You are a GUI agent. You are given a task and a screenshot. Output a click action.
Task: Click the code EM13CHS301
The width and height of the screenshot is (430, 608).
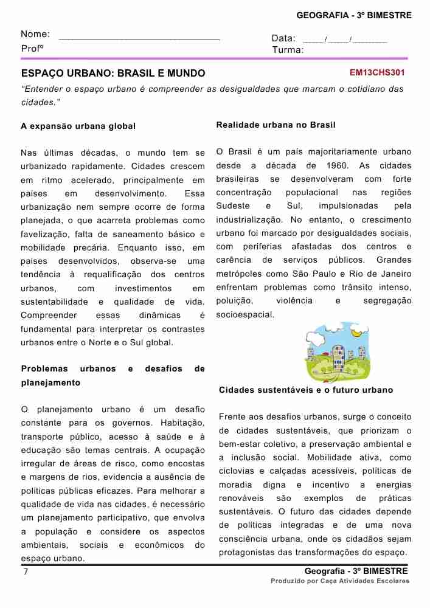[x=377, y=72]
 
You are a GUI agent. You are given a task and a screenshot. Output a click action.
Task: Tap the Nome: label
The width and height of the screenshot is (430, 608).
[x=35, y=35]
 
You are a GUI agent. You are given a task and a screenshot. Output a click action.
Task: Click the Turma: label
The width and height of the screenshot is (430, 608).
[x=288, y=50]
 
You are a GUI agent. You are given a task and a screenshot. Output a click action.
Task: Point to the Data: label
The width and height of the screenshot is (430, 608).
[x=283, y=38]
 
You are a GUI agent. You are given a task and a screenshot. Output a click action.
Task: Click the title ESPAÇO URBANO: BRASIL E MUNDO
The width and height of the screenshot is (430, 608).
[x=113, y=74]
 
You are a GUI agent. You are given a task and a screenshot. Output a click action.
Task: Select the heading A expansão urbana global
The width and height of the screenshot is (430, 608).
[x=78, y=126]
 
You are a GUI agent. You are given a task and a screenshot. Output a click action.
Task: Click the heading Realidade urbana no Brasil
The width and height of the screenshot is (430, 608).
[x=276, y=125]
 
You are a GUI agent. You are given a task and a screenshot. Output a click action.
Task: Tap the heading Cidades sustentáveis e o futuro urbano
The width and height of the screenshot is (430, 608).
[x=306, y=390]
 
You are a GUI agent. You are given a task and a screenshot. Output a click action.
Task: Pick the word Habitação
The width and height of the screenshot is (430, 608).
[x=182, y=423]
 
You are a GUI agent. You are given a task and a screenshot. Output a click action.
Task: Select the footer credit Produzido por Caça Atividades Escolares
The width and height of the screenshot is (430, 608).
[x=340, y=581]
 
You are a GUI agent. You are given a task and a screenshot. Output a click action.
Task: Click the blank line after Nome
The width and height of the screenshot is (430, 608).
[x=139, y=38]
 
